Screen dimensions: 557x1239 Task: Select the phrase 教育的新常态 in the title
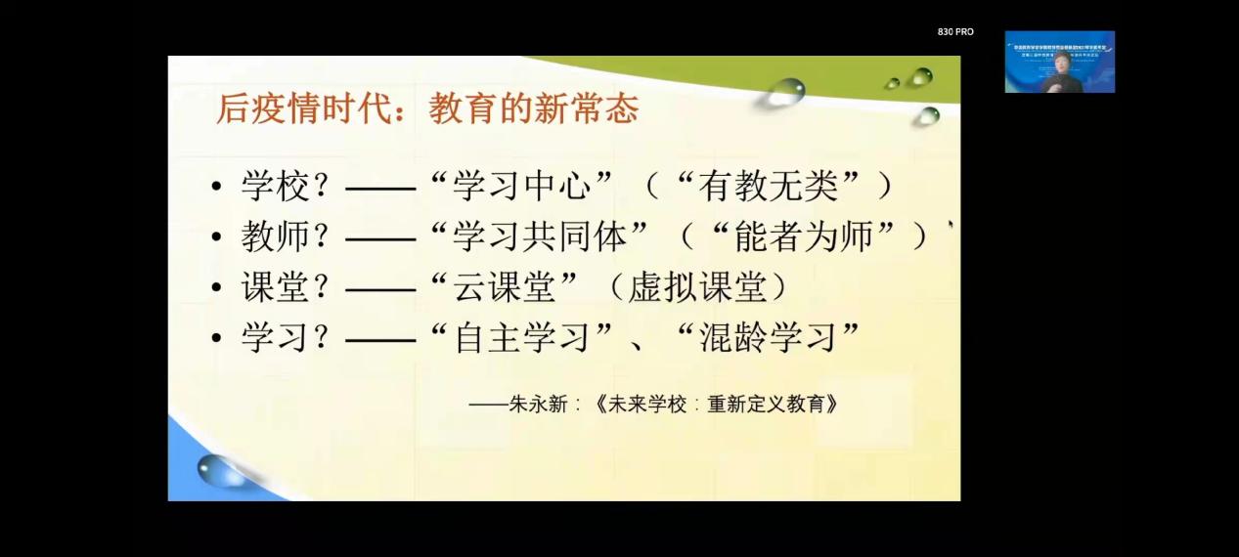[x=533, y=108]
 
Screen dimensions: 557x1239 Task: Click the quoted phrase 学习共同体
[x=553, y=236]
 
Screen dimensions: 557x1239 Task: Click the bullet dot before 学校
[x=216, y=188]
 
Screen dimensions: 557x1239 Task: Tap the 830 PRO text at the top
[x=955, y=32]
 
